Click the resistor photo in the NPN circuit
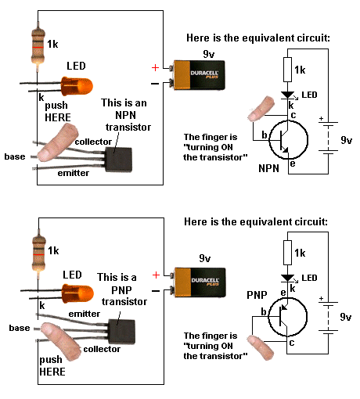38,47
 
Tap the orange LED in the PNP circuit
77,293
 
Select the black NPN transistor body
119,160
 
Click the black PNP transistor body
122,332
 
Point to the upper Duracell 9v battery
199,75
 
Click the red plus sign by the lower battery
156,275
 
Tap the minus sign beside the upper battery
155,84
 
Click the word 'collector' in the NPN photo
93,142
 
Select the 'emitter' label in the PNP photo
85,314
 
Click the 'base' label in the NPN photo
15,156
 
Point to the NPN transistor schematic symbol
288,140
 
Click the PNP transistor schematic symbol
287,317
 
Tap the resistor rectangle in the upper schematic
287,70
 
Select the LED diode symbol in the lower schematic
288,279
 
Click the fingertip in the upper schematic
261,109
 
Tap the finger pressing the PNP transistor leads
61,341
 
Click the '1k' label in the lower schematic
300,253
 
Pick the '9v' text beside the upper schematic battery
347,140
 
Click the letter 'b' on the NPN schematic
265,135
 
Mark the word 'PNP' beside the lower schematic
257,295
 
